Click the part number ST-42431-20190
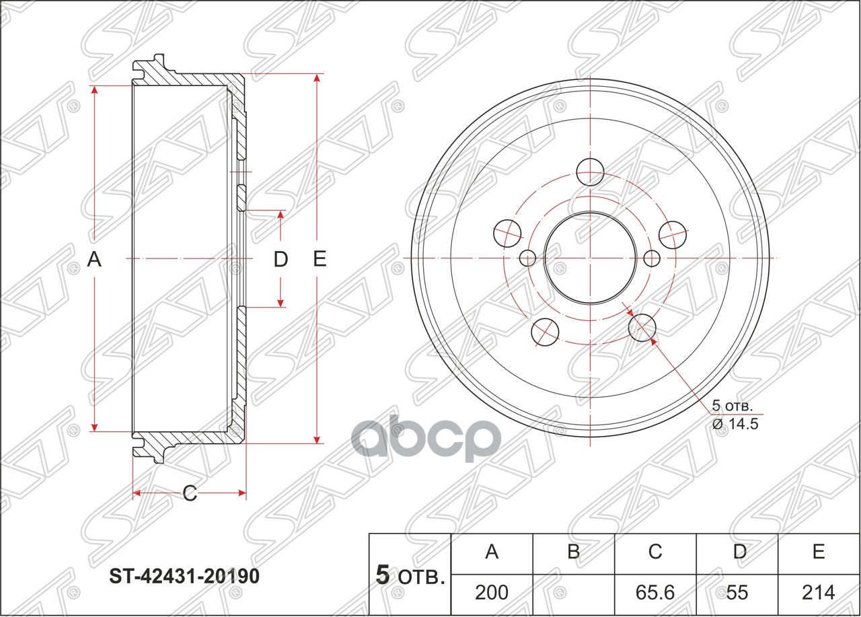[184, 577]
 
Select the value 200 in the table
[492, 592]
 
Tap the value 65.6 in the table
[655, 592]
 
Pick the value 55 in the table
[738, 592]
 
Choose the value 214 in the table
[819, 592]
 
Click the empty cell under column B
[573, 592]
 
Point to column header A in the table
[492, 552]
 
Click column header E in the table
[819, 552]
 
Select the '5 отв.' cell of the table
[410, 575]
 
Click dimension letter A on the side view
[95, 258]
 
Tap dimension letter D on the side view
[280, 259]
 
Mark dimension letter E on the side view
[320, 258]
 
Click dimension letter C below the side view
[190, 494]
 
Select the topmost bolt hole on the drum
[590, 171]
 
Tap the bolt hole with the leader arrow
[642, 328]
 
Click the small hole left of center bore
[528, 258]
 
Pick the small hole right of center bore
[651, 258]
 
